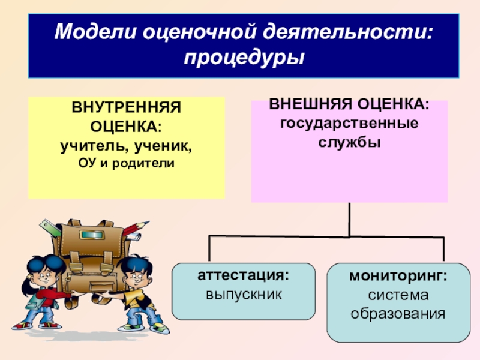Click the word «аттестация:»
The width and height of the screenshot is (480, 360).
pyautogui.click(x=244, y=276)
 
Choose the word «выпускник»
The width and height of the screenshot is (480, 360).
pyautogui.click(x=244, y=295)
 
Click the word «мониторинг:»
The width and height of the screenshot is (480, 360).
pyautogui.click(x=398, y=278)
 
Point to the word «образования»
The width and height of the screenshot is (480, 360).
pyautogui.click(x=398, y=313)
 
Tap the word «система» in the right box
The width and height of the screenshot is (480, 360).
pyautogui.click(x=398, y=296)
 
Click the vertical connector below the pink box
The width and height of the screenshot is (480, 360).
pyautogui.click(x=349, y=218)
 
